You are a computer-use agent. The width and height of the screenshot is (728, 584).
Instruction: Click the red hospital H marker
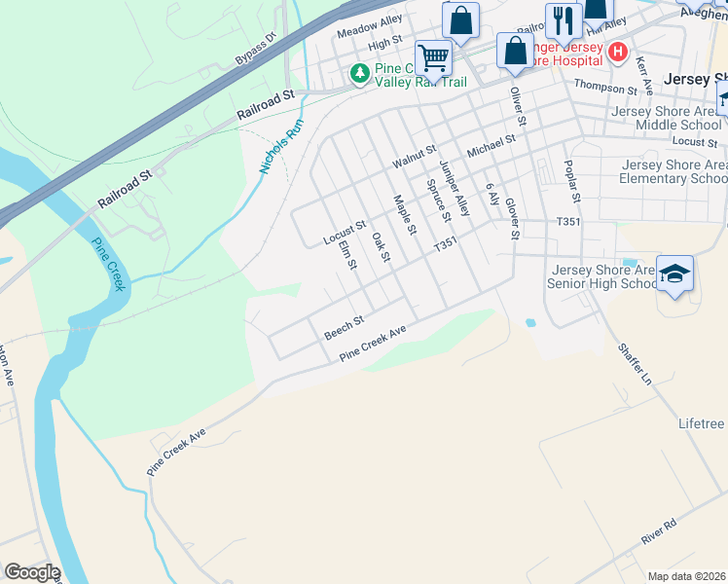click(x=615, y=52)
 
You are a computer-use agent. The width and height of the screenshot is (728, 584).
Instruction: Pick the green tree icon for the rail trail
click(x=360, y=73)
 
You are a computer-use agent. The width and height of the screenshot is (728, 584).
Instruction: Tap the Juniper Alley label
click(x=455, y=188)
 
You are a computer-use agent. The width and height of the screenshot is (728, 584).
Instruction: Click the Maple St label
click(x=405, y=216)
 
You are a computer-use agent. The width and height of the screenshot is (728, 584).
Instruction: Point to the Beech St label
click(x=344, y=326)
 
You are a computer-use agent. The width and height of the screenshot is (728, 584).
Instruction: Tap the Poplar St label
click(x=572, y=183)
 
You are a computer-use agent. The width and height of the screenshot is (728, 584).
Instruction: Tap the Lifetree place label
click(x=701, y=424)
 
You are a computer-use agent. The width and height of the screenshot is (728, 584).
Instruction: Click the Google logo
click(x=32, y=572)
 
